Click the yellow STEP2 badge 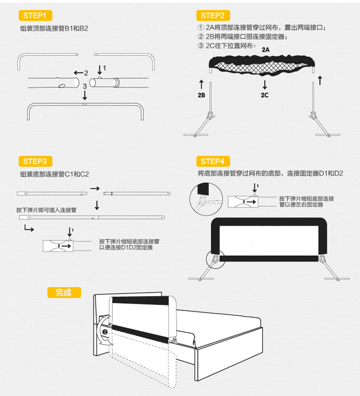coord(213,16)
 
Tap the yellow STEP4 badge coord(213,161)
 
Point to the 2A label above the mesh coord(265,50)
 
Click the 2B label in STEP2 coord(202,95)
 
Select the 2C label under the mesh coord(264,95)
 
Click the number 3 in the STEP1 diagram coord(84,86)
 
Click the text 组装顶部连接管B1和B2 coord(54,28)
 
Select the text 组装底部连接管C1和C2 coord(54,174)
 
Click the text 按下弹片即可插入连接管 coord(47,210)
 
